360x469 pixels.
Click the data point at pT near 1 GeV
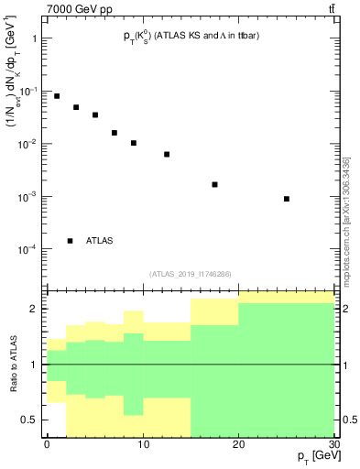pos(57,96)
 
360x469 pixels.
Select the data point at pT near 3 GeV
pos(76,107)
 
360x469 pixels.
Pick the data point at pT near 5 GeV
pos(95,115)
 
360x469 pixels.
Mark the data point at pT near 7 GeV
pos(115,133)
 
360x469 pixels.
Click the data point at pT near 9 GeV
pos(134,143)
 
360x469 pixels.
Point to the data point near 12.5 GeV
pos(167,154)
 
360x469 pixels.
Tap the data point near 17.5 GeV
pos(214,184)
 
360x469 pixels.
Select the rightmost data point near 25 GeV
pos(287,199)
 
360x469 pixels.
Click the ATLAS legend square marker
pos(71,241)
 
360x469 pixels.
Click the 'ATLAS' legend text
pos(100,241)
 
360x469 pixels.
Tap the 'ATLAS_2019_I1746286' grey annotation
pos(190,274)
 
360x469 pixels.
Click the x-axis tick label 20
pos(238,444)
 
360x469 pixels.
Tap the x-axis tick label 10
pos(143,444)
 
